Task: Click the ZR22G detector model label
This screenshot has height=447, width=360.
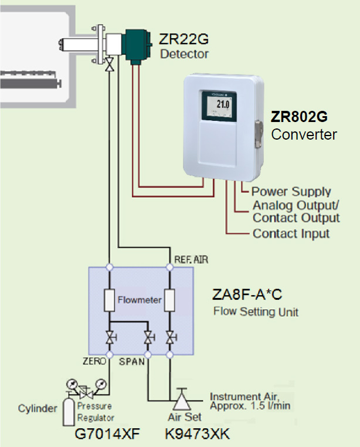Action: click(184, 39)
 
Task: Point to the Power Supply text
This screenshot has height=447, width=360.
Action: click(291, 192)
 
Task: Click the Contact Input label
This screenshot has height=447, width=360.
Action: click(291, 233)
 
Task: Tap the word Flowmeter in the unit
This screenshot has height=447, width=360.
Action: click(140, 300)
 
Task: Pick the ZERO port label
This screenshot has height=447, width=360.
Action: click(94, 361)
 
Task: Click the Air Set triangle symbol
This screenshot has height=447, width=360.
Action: click(179, 401)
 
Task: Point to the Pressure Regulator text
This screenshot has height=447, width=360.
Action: click(96, 412)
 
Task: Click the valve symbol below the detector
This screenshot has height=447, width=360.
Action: click(109, 66)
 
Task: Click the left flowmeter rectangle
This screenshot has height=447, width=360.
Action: click(109, 300)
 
